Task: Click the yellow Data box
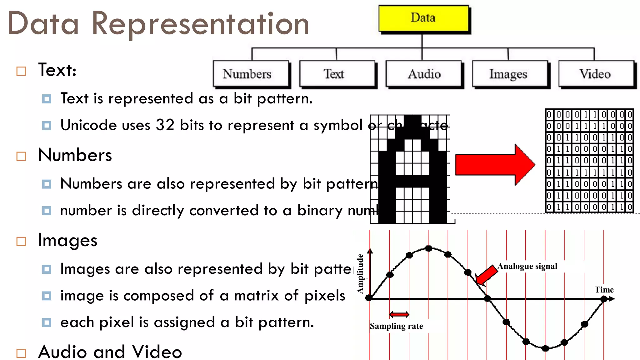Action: (423, 18)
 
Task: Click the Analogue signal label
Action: (527, 266)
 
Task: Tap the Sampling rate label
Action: (396, 326)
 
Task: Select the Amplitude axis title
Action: (360, 274)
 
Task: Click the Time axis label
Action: (604, 290)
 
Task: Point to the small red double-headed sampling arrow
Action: (399, 314)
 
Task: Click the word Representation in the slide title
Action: (200, 24)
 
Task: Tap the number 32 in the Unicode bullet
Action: (165, 125)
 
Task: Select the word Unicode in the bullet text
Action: (88, 125)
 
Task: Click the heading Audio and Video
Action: (110, 352)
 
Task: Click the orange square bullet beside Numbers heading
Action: (21, 156)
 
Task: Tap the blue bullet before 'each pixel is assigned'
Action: (47, 322)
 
